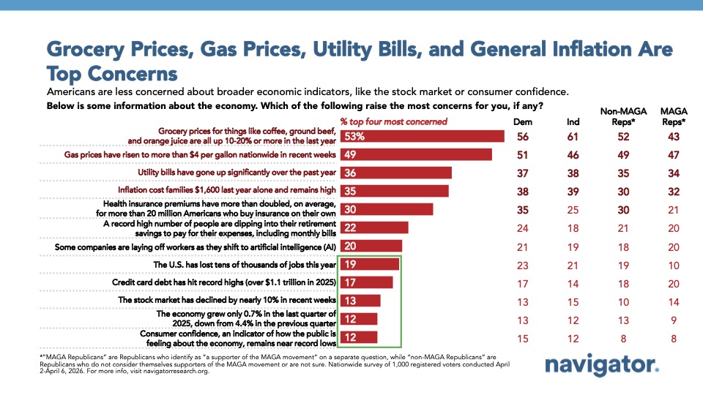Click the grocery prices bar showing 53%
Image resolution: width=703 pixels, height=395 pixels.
[421, 136]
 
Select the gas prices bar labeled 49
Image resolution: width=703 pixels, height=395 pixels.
[415, 154]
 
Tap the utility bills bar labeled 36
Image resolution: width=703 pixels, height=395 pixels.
[395, 173]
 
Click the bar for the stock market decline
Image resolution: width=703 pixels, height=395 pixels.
[360, 300]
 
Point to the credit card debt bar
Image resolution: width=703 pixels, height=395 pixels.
[365, 282]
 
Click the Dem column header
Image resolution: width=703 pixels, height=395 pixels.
[523, 121]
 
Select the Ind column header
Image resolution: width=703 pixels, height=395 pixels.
[574, 121]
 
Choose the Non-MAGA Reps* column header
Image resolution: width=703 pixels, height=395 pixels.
[622, 116]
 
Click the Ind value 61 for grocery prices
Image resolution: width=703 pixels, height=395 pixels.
[574, 136]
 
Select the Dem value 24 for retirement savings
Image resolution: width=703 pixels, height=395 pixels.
[523, 227]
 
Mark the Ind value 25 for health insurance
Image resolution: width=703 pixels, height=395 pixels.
[574, 209]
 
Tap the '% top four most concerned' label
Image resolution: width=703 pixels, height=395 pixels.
[393, 121]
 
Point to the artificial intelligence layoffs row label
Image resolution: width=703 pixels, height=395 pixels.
[196, 246]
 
